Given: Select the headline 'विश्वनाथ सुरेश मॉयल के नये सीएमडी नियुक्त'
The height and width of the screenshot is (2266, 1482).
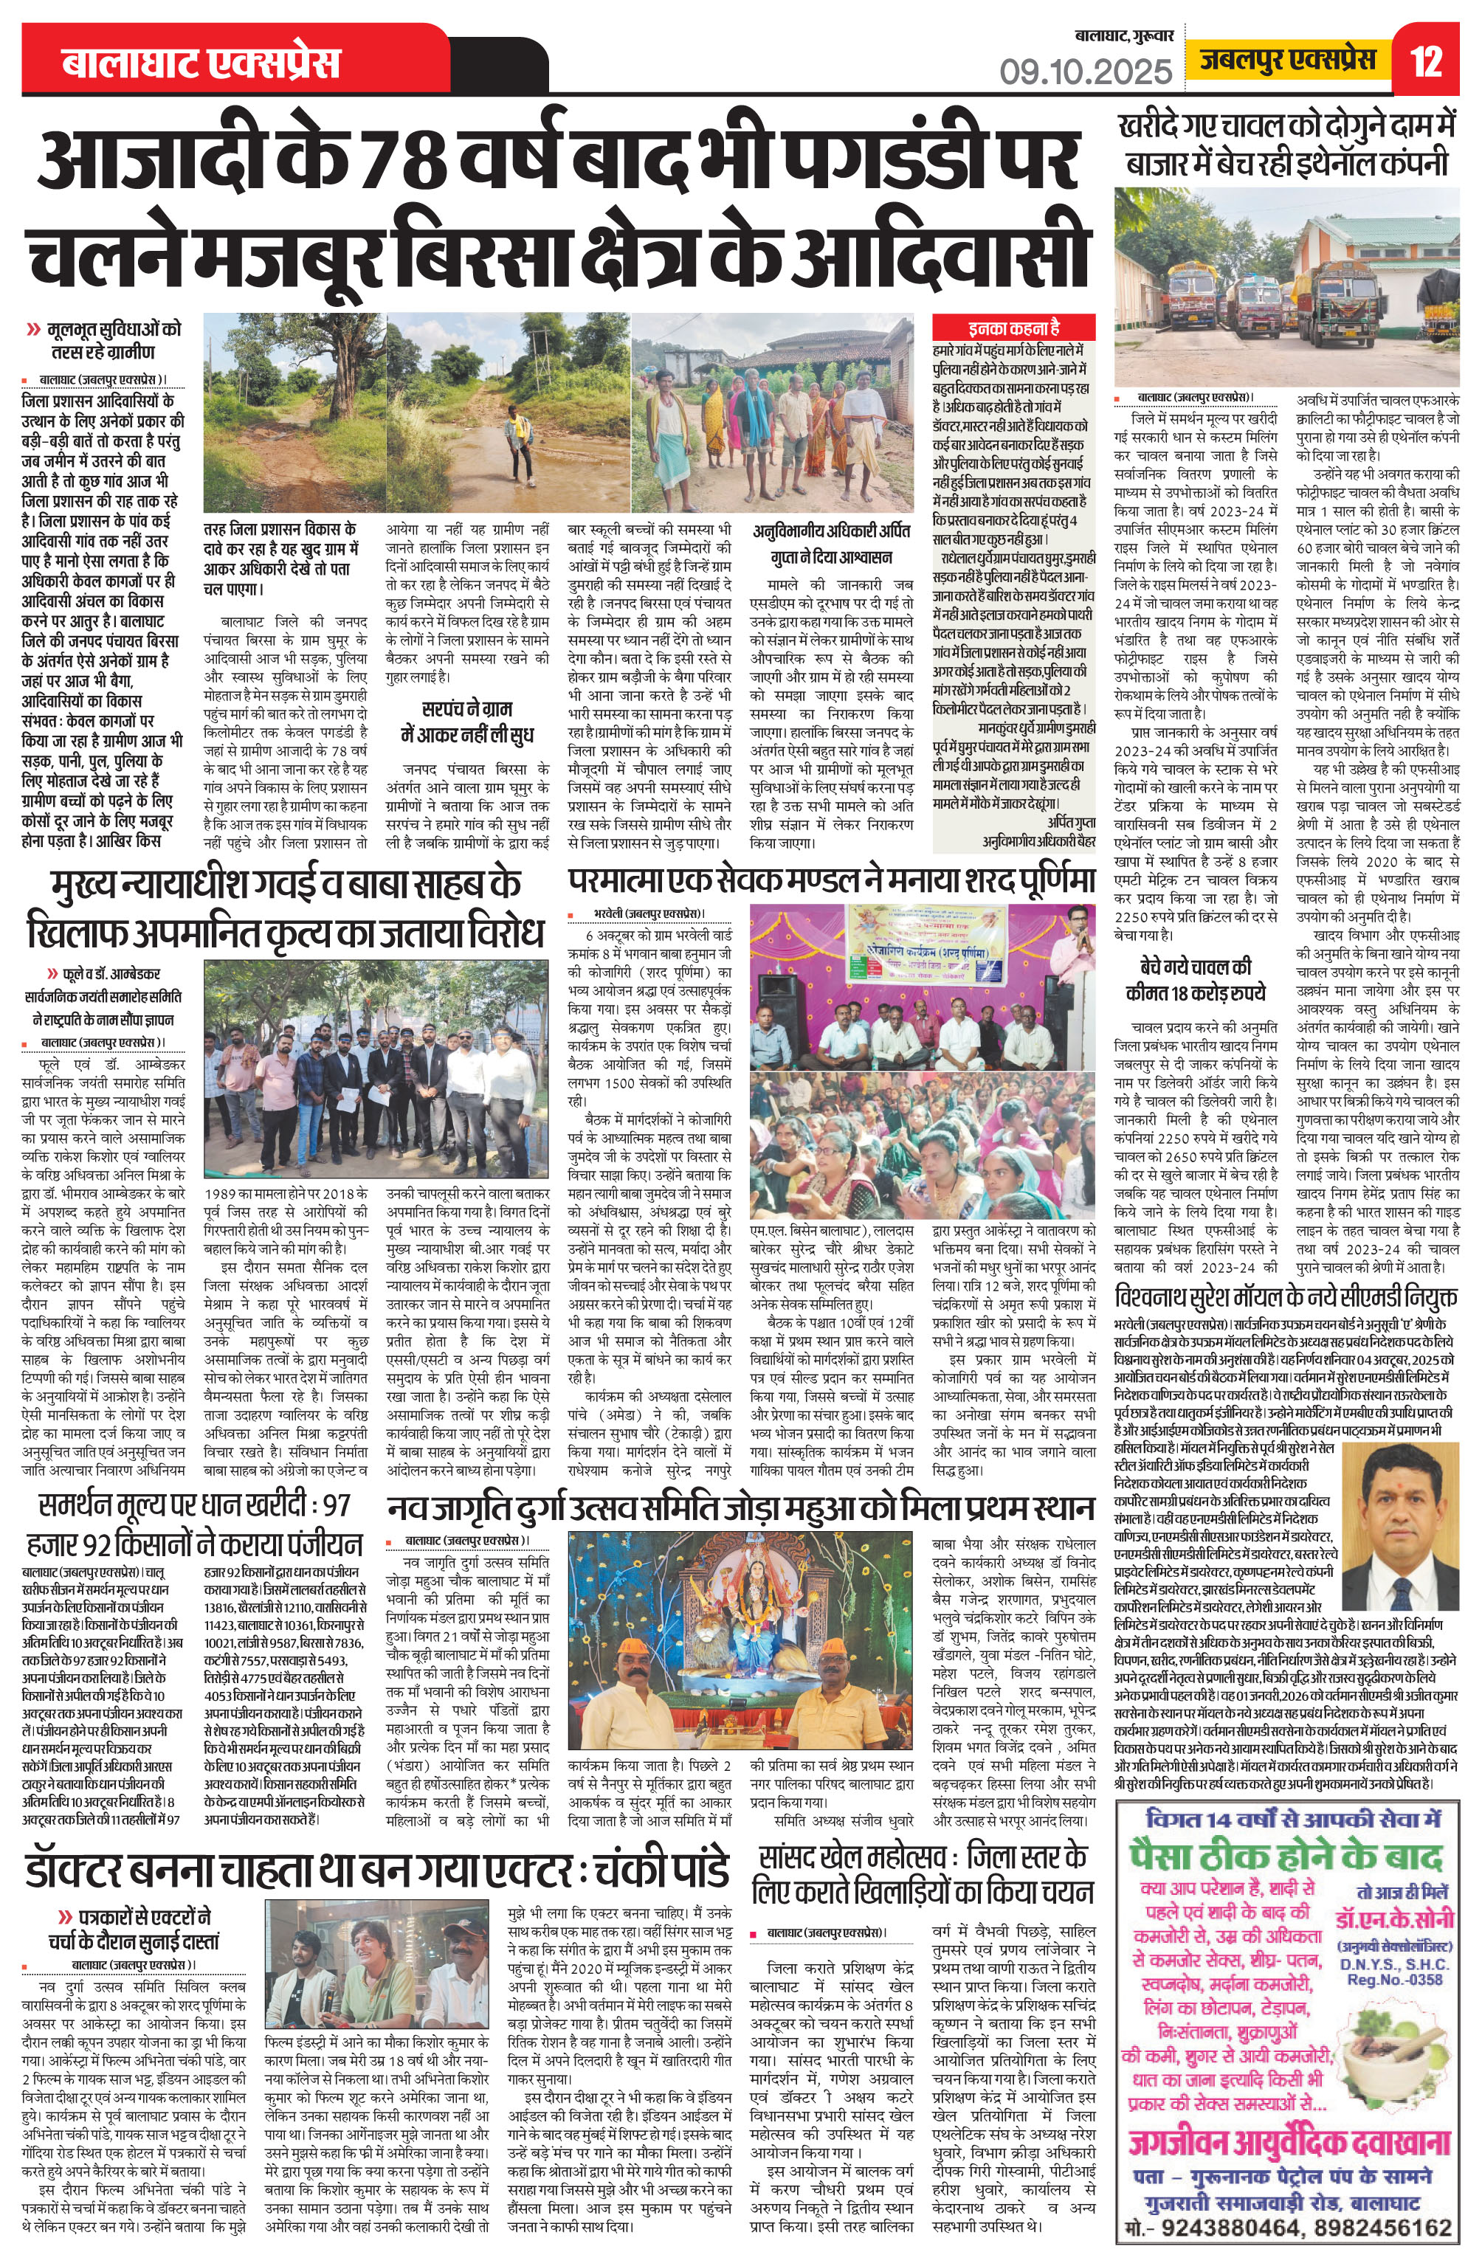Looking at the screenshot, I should tap(1286, 1299).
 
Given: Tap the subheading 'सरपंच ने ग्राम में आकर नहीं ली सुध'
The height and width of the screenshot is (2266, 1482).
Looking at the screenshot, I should tap(463, 721).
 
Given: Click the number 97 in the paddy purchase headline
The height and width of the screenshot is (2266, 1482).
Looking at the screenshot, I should tap(335, 1506).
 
